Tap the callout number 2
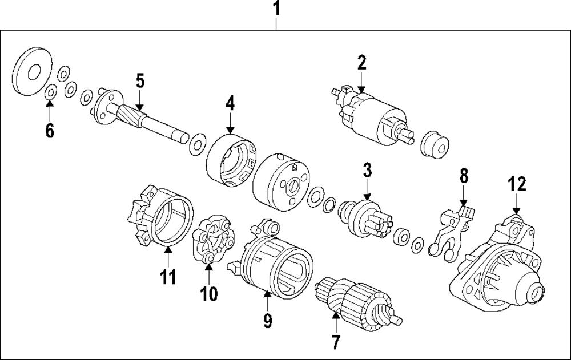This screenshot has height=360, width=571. pos(361,62)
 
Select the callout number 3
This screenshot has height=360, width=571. pos(367,169)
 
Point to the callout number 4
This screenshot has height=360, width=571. pos(230,104)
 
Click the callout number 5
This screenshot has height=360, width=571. pos(140,80)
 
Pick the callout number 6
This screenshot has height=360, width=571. pos(50,131)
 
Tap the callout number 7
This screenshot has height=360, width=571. pos(335,342)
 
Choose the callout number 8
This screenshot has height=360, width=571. pos(464,176)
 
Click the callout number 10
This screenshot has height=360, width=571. pos(209,293)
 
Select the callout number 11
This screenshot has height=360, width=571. pos(168,276)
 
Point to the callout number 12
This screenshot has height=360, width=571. pos(516,184)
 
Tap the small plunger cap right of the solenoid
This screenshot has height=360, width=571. pos(435,145)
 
